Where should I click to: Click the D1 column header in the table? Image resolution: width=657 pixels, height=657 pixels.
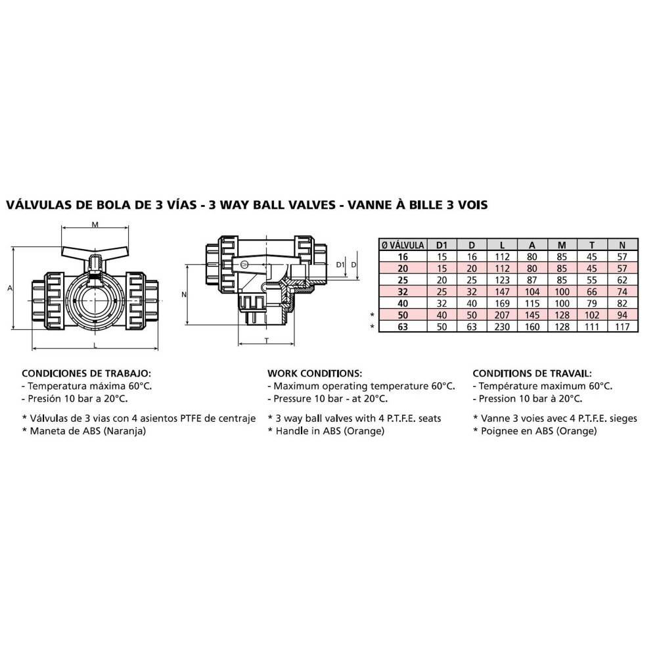point(442,245)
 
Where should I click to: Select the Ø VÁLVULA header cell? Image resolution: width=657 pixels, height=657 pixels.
point(403,245)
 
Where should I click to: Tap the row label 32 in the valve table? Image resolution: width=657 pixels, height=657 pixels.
point(403,292)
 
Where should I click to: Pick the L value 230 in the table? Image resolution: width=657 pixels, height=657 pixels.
point(502,327)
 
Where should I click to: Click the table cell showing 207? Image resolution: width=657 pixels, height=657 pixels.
point(502,315)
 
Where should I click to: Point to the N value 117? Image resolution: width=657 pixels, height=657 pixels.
point(622,327)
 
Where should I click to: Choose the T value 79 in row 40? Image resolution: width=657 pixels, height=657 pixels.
point(592,304)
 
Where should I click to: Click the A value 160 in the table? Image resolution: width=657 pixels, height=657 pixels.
point(532,327)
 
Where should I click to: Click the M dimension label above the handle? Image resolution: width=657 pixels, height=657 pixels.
point(95,225)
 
